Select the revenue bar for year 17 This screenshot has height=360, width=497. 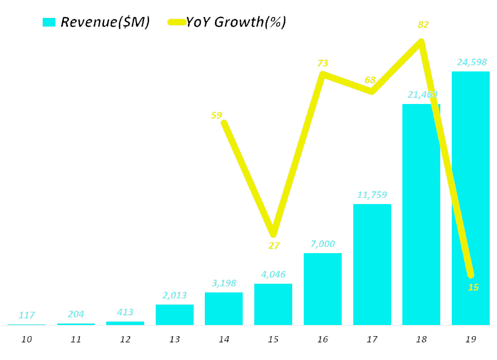tap(372, 264)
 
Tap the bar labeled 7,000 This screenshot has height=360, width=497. tap(322, 289)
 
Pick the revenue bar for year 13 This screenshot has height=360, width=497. tap(174, 314)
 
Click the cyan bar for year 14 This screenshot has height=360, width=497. tap(224, 309)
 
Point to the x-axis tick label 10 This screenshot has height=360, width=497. tap(27, 339)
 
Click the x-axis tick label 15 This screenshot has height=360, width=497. tap(273, 339)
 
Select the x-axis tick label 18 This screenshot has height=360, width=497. tap(421, 339)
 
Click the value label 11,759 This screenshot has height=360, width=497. tap(372, 195)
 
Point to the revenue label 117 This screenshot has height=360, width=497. tap(27, 315)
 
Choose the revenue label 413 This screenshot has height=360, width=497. tap(125, 312)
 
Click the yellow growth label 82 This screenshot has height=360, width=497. tap(423, 25)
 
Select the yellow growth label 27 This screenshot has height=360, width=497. tap(274, 245)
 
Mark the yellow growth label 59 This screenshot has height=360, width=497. tap(216, 115)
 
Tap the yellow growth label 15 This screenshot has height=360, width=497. tap(473, 287)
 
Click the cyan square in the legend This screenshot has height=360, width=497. tap(49, 22)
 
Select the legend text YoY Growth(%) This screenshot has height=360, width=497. tap(236, 22)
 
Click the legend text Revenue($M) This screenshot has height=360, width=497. tap(105, 22)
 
